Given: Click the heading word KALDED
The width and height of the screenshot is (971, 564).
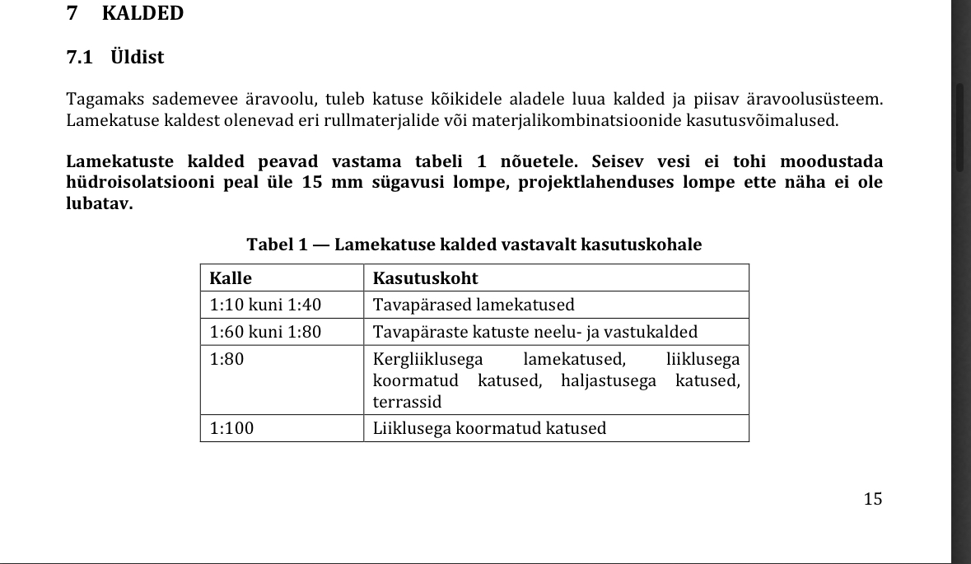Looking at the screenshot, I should click(x=142, y=14).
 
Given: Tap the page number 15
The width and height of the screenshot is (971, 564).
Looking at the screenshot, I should click(x=873, y=498).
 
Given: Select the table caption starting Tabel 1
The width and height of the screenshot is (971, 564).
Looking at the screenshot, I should click(x=474, y=245).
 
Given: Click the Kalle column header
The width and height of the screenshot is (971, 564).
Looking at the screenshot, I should click(x=231, y=277).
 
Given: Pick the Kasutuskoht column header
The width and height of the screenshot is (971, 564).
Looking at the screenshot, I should click(x=425, y=277).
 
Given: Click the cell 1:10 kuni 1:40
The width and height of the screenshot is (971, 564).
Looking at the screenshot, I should click(x=265, y=305).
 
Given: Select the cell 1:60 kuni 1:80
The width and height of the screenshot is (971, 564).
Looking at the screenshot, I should click(x=265, y=332).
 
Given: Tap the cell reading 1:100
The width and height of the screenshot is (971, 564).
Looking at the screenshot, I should click(x=233, y=428).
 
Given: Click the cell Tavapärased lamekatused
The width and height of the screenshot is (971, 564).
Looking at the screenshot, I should click(x=474, y=305).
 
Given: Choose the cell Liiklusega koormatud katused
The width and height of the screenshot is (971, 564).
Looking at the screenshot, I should click(x=489, y=428).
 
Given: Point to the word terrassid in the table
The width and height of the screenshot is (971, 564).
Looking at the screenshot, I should click(x=407, y=402).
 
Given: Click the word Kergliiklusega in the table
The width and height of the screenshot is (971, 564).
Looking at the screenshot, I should click(x=427, y=359).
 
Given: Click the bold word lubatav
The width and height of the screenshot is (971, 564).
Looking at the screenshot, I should click(x=99, y=203).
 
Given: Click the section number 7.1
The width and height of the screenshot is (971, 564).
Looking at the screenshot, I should click(x=80, y=58).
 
